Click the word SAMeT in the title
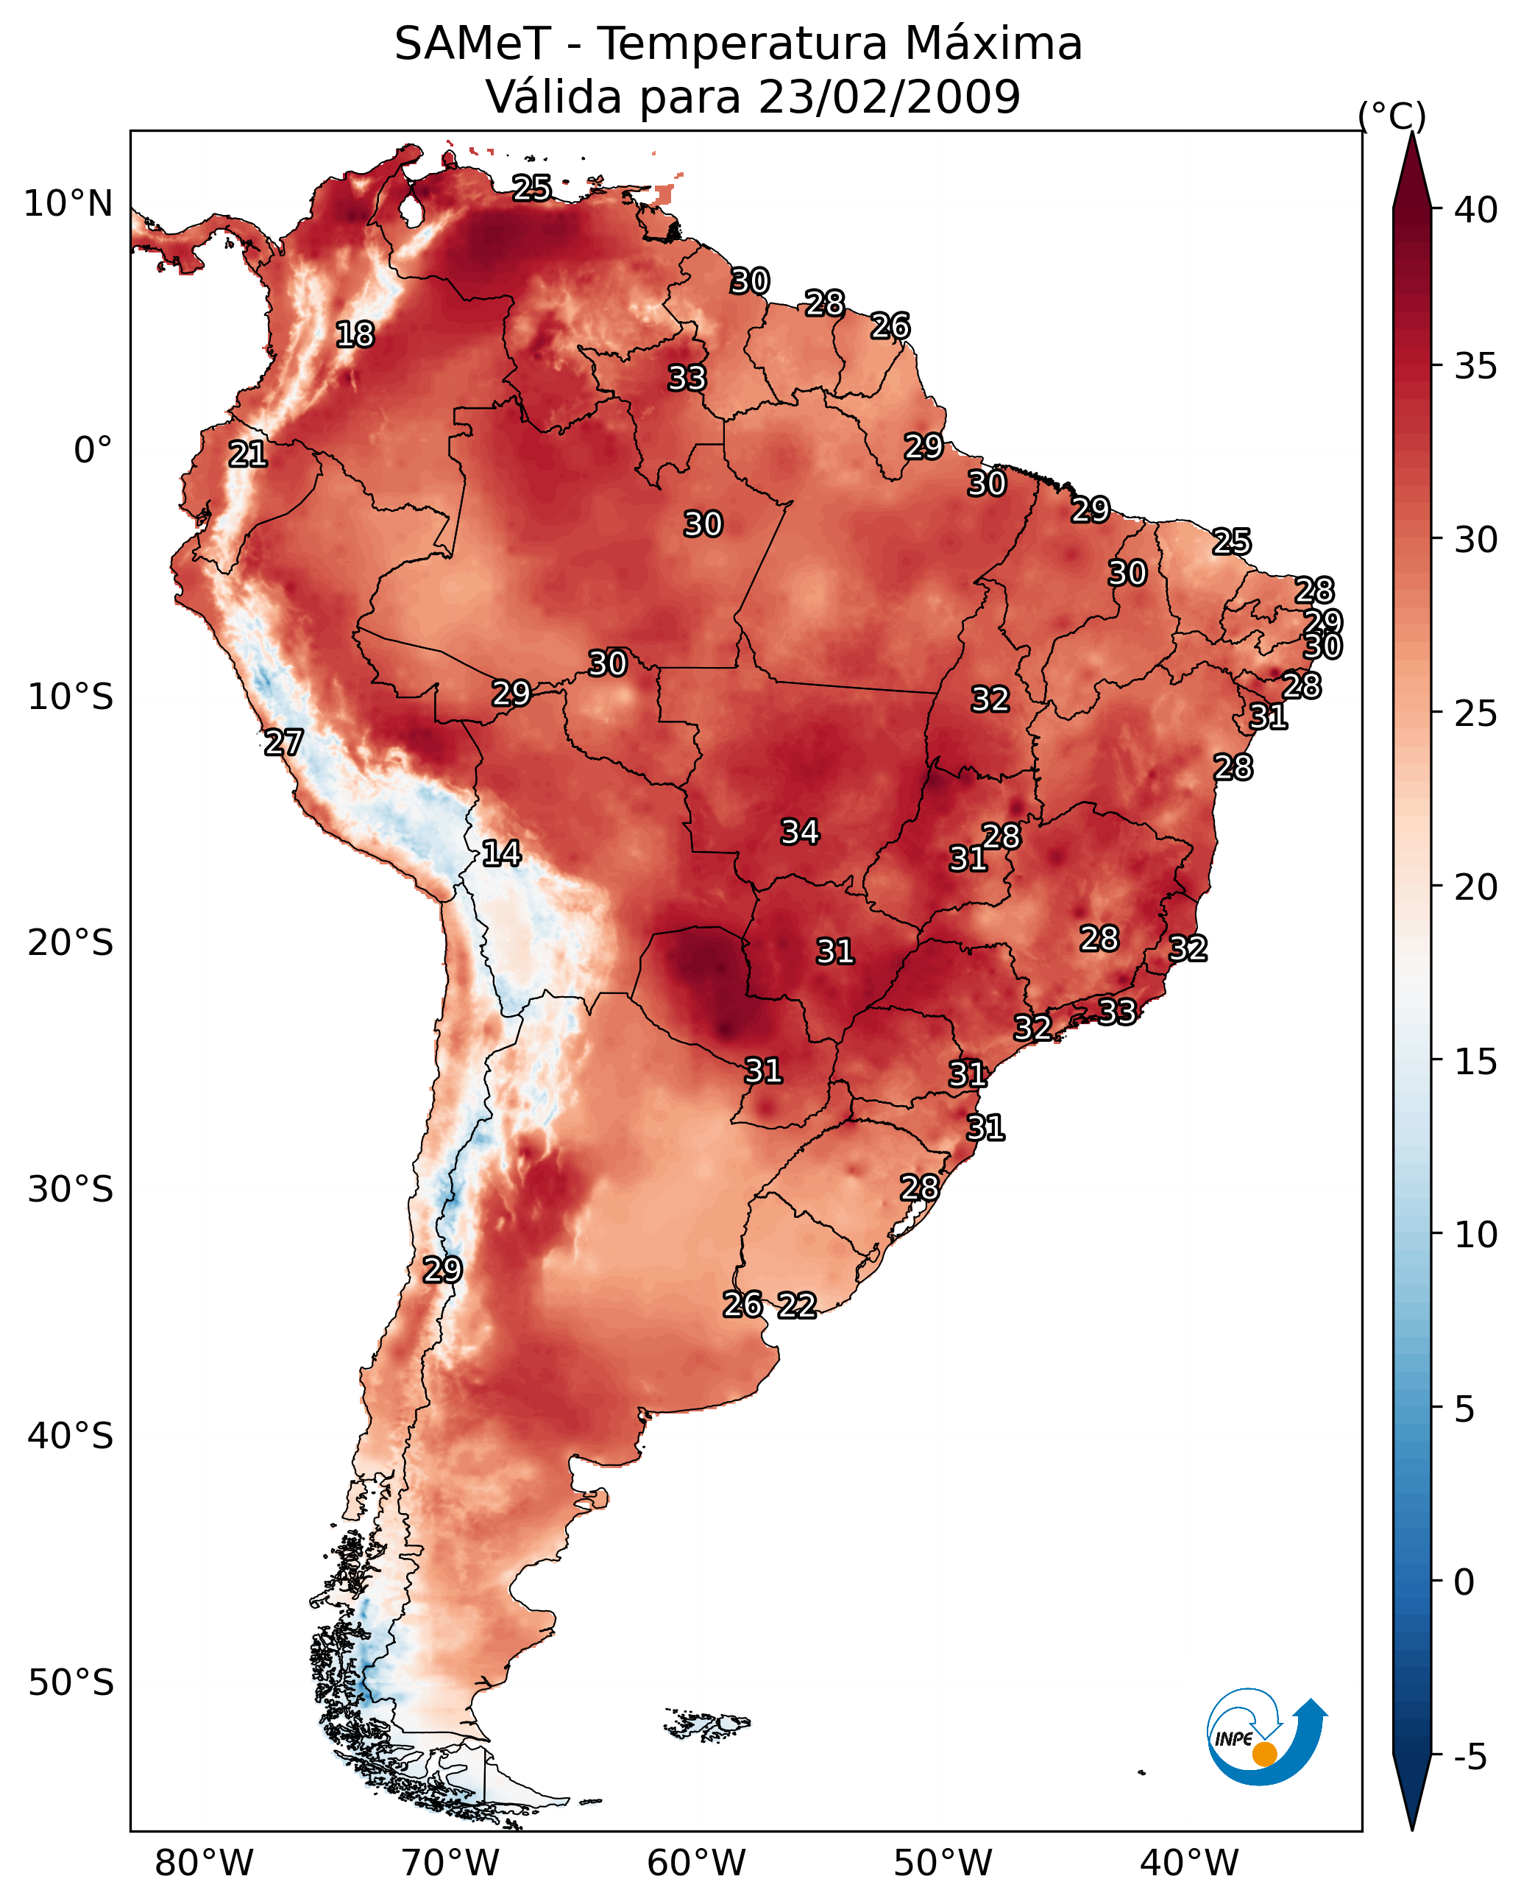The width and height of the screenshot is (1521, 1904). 472,44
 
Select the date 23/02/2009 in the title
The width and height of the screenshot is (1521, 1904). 889,96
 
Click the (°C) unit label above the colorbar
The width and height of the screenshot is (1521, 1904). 1391,116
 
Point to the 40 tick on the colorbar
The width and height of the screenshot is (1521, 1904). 1476,210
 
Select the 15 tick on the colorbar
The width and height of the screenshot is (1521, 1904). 1476,1062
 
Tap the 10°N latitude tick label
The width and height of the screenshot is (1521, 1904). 68,204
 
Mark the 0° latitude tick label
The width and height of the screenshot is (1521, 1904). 93,451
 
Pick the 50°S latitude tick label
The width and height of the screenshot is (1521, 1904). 71,1682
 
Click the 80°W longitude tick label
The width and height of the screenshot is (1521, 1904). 204,1863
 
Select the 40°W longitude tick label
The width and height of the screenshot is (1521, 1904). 1189,1863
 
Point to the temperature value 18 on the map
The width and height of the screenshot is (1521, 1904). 355,335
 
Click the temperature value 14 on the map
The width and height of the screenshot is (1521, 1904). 501,853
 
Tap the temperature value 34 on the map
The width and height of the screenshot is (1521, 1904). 800,832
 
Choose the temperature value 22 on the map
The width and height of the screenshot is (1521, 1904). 797,1305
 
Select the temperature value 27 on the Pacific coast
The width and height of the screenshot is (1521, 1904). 283,743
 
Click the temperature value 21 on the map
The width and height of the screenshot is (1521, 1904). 248,455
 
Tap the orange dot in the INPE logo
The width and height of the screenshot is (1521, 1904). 1264,1754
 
